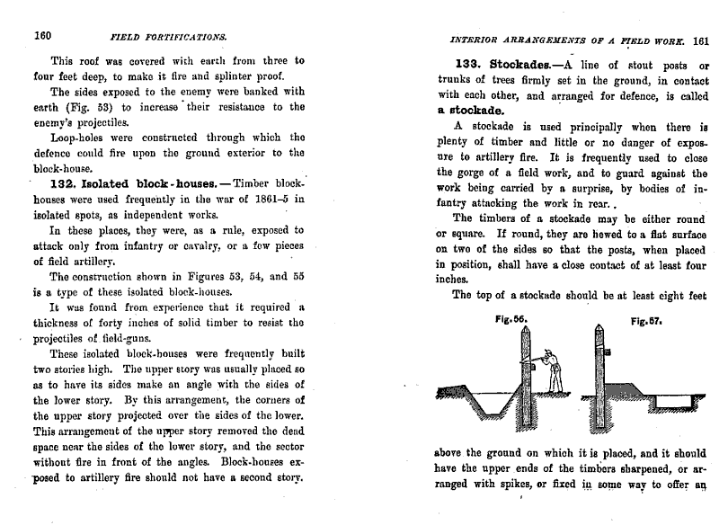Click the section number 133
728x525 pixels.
472,67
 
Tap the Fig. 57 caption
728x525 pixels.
645,320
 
